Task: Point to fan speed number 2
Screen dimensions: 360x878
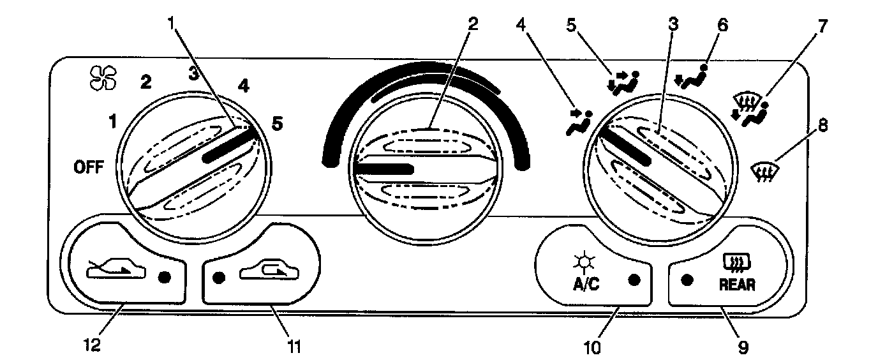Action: [146, 82]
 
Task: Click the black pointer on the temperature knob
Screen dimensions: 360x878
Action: [383, 169]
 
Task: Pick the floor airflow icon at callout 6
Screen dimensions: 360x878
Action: [691, 76]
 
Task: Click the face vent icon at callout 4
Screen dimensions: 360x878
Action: [578, 122]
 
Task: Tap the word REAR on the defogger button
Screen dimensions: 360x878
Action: [736, 285]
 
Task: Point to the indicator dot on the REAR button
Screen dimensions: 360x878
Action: [687, 280]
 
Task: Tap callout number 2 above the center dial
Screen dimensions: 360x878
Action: [472, 24]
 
